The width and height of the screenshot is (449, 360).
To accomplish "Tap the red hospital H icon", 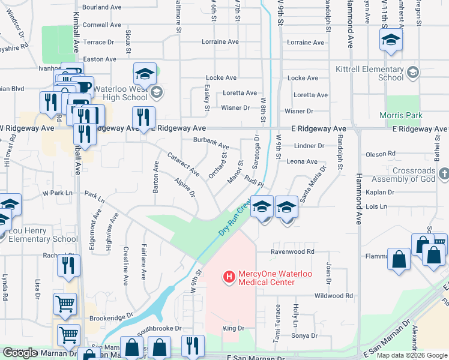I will pos(229,277).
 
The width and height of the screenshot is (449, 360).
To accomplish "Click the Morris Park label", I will pos(401,115).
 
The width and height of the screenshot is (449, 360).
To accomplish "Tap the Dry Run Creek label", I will pos(234,217).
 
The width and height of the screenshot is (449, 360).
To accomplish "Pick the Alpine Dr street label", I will pos(184,187).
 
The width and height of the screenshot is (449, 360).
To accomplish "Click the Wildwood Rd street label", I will pos(333,296).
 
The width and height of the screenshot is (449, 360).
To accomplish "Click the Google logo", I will pos(20,353).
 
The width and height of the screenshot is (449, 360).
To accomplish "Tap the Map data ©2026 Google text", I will pos(412,355).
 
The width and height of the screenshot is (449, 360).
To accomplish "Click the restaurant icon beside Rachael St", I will pos(68,265).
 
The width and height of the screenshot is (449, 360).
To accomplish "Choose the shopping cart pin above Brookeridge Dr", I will pos(65,303).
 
